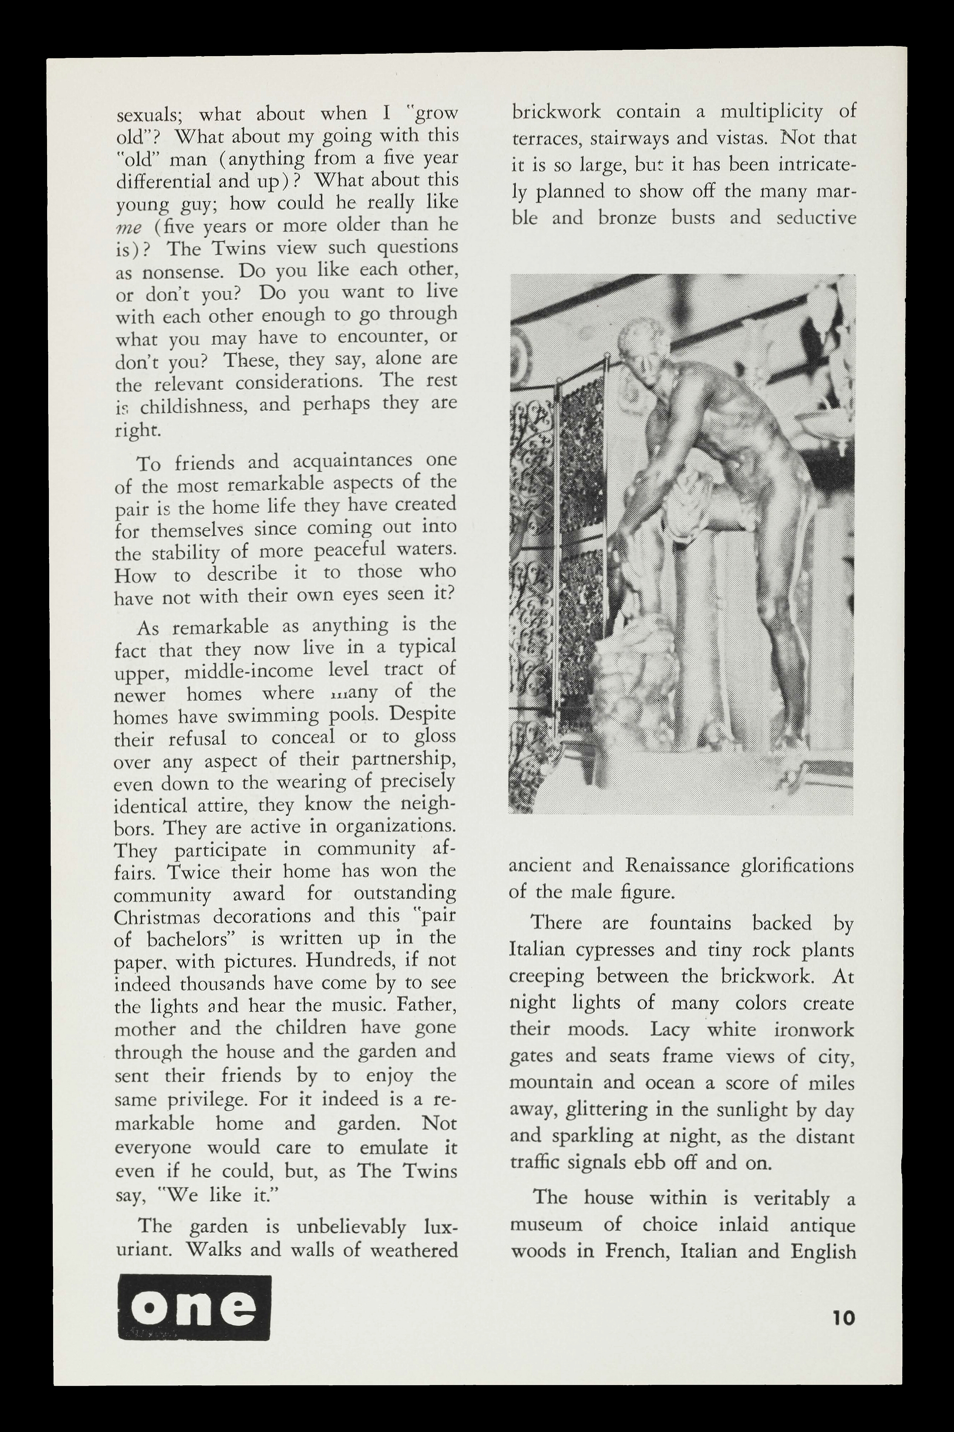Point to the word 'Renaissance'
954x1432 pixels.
[x=677, y=865]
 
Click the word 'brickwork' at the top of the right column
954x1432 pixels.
[x=556, y=112]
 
